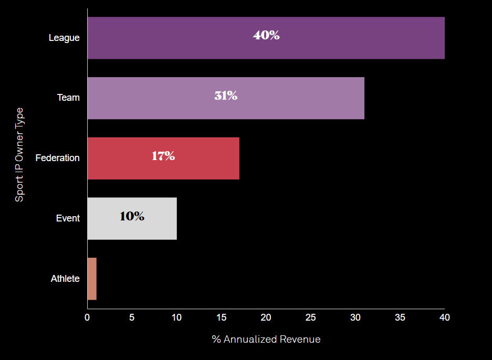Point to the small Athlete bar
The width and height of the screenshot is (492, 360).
(x=92, y=279)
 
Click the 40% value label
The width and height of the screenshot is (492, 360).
(x=266, y=36)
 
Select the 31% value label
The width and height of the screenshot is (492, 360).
(x=226, y=96)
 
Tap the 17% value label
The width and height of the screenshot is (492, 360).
(x=163, y=156)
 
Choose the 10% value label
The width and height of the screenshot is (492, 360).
(x=132, y=216)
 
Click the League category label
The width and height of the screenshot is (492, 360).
(x=64, y=38)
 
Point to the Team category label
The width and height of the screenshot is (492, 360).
(x=68, y=98)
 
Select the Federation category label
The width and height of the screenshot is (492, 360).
(x=57, y=158)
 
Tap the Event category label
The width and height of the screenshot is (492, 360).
(x=68, y=218)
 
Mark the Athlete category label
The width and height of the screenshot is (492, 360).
(x=65, y=279)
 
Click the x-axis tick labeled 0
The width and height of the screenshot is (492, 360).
(x=87, y=317)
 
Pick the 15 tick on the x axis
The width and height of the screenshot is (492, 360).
(x=221, y=317)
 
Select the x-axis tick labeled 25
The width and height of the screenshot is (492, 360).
(x=311, y=317)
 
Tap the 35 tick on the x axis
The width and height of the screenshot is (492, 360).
(x=400, y=317)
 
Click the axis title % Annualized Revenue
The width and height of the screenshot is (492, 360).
(x=266, y=340)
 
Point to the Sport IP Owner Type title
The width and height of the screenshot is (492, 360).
(x=19, y=155)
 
